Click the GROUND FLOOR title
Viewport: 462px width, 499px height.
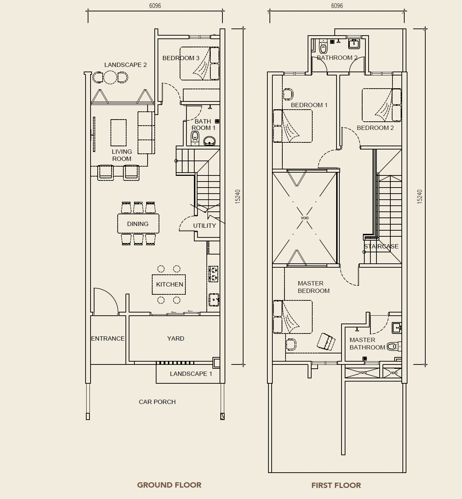click(169, 485)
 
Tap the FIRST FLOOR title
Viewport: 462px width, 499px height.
click(336, 485)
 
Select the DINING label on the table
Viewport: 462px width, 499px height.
click(138, 224)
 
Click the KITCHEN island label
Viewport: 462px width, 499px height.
click(169, 284)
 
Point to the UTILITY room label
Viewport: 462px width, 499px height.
click(204, 226)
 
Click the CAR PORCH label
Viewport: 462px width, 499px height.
click(157, 402)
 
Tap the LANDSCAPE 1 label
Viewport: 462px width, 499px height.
click(191, 374)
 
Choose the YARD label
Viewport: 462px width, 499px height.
click(175, 338)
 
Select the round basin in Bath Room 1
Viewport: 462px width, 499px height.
click(210, 141)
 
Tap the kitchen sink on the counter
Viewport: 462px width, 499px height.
click(214, 300)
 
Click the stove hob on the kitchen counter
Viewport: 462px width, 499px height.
click(213, 274)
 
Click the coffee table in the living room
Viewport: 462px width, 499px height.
click(118, 133)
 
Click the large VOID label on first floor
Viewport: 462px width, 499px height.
click(305, 218)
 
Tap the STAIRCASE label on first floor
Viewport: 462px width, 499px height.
click(381, 246)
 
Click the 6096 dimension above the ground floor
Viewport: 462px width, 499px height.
click(155, 6)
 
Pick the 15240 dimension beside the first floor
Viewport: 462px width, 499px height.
click(420, 196)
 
